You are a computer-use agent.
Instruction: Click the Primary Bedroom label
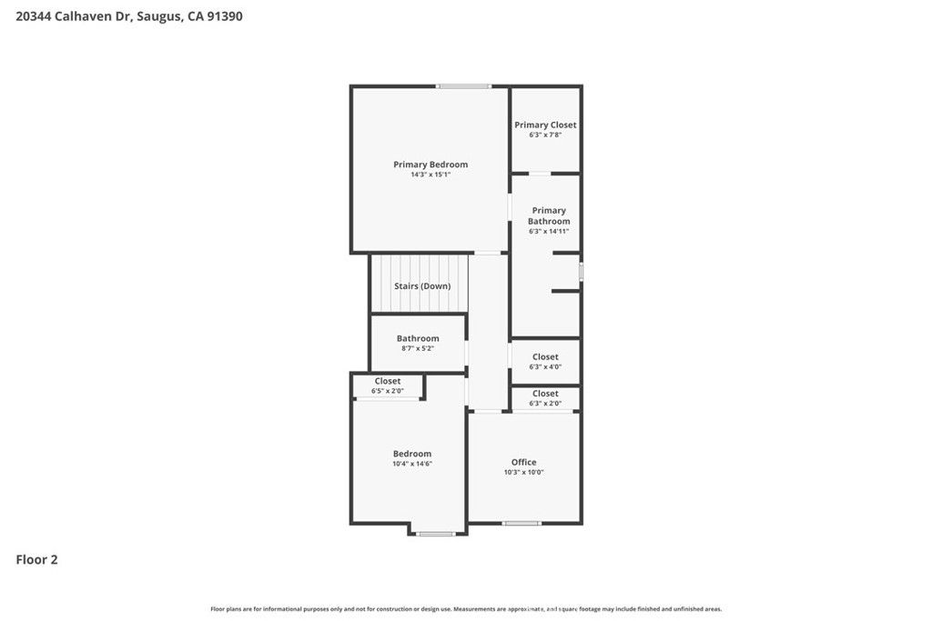pyautogui.click(x=431, y=165)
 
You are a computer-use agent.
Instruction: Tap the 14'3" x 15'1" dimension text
pyautogui.click(x=431, y=175)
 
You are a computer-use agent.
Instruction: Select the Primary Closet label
pyautogui.click(x=545, y=125)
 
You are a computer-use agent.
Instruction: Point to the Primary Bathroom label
pyautogui.click(x=549, y=215)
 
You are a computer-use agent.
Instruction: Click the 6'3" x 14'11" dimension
pyautogui.click(x=549, y=231)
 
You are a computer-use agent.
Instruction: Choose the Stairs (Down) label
pyautogui.click(x=422, y=285)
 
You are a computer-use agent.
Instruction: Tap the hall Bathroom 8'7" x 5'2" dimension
pyautogui.click(x=418, y=348)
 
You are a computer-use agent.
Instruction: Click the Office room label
pyautogui.click(x=523, y=462)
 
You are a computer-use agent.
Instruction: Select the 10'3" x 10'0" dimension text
pyautogui.click(x=523, y=472)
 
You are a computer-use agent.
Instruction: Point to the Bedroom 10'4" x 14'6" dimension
pyautogui.click(x=412, y=464)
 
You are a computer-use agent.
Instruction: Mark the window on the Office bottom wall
pyautogui.click(x=522, y=523)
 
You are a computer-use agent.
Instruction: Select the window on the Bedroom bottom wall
pyautogui.click(x=435, y=534)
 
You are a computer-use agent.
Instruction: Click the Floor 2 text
pyautogui.click(x=36, y=560)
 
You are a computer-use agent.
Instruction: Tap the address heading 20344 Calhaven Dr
pyautogui.click(x=129, y=16)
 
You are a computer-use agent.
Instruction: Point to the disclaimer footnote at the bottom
pyautogui.click(x=466, y=609)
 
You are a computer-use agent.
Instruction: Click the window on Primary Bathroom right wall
pyautogui.click(x=581, y=272)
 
